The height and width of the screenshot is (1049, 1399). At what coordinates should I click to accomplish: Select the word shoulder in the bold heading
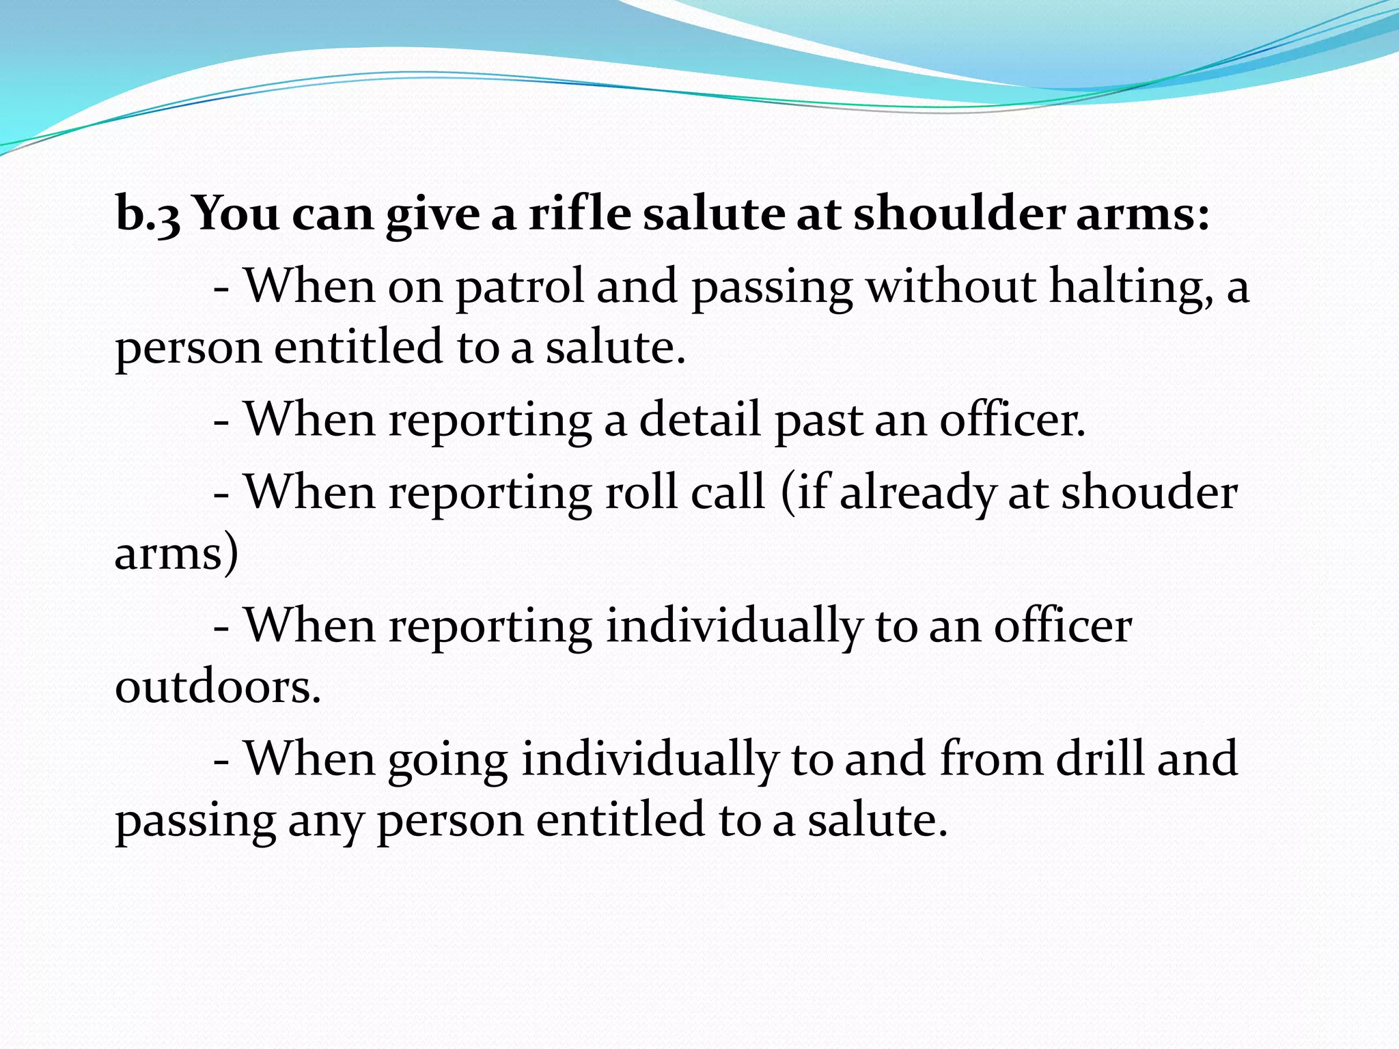959,213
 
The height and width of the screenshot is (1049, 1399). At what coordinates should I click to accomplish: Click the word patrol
520,287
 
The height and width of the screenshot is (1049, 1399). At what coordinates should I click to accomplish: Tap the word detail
699,419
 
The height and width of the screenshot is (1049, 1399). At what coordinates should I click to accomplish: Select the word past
818,421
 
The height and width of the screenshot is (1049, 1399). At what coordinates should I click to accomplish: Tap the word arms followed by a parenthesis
176,553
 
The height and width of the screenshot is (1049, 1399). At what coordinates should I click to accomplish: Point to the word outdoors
218,686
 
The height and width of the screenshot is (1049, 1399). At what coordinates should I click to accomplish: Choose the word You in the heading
236,213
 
